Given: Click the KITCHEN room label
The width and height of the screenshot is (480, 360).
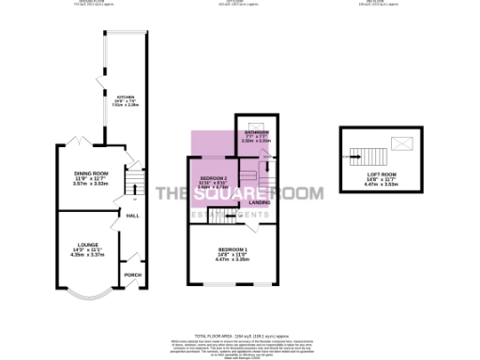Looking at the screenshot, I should coord(124,97).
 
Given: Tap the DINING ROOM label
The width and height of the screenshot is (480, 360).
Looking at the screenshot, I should coord(92,173).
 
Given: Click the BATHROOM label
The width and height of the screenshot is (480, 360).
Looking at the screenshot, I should coord(256,134).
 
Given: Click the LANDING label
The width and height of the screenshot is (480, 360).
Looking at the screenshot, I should coord(260,201).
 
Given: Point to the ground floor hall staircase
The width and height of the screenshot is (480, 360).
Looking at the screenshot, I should coord(135,177).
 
